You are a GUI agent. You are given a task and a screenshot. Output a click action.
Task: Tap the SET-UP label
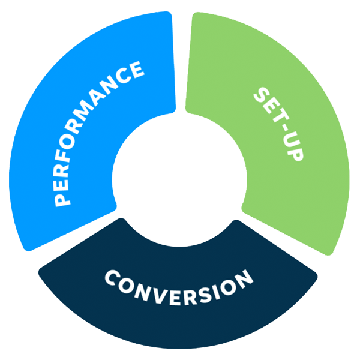[278, 124]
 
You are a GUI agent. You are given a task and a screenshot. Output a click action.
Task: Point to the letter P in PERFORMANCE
[62, 200]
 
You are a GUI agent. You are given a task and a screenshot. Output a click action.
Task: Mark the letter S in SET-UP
[262, 95]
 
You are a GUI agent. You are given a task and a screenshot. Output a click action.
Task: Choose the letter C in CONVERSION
[113, 277]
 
